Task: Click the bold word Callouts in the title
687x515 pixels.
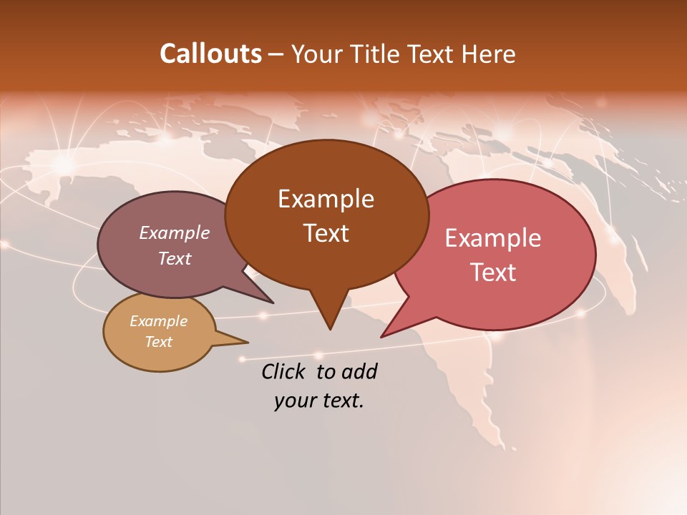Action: (x=210, y=54)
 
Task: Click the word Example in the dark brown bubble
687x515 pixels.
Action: (x=326, y=199)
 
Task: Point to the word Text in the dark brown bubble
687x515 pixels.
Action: (x=326, y=233)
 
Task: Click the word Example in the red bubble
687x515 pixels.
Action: (x=493, y=238)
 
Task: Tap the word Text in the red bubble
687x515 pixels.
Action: (x=493, y=273)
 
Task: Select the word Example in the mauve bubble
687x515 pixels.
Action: (x=175, y=232)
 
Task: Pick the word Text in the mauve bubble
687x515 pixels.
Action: (x=175, y=258)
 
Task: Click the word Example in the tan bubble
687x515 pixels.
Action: (x=159, y=321)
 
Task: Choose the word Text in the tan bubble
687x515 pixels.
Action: (x=159, y=342)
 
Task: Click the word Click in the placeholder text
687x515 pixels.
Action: (x=285, y=371)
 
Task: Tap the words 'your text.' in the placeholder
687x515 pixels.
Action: (x=319, y=401)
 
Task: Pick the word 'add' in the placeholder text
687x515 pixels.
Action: (x=360, y=371)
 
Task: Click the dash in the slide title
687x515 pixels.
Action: (x=276, y=54)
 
